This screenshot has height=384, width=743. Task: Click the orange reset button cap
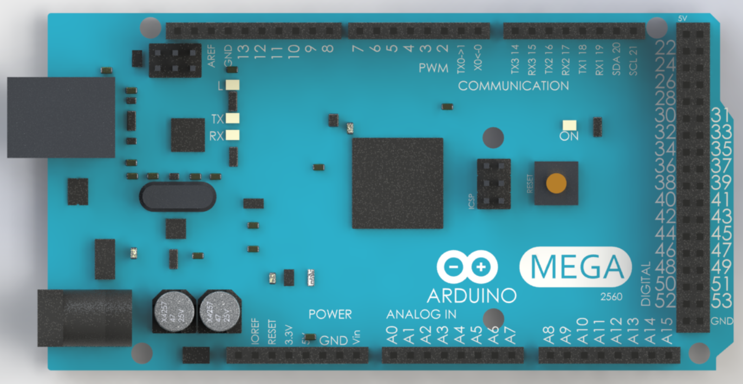click(x=556, y=183)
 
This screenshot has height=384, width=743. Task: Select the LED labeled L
click(x=233, y=85)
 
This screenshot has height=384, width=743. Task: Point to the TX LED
click(x=233, y=119)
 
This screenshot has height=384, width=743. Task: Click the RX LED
click(x=233, y=135)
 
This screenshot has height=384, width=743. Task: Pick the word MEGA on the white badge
click(x=576, y=267)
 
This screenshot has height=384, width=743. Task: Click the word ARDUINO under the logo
click(x=471, y=295)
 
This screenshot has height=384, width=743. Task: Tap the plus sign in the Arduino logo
click(x=483, y=266)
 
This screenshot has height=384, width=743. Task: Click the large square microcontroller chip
click(x=397, y=183)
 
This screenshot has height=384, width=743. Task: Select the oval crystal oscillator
click(x=178, y=196)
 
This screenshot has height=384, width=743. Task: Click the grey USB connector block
click(x=61, y=117)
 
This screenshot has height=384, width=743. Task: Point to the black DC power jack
click(x=84, y=318)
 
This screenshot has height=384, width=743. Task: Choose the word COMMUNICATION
click(x=513, y=86)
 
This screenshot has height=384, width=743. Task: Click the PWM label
click(x=433, y=69)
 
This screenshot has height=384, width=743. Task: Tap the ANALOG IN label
click(x=421, y=314)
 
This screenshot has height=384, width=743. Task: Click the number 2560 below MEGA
click(x=611, y=297)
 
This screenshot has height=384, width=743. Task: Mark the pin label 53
click(x=721, y=300)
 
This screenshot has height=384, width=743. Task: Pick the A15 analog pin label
click(x=667, y=331)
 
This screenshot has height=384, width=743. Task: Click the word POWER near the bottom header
click(x=330, y=314)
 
